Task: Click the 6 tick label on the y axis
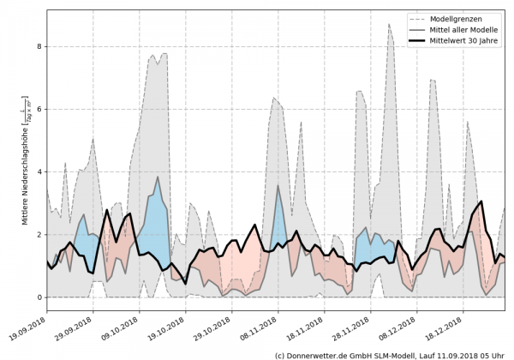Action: [39, 109]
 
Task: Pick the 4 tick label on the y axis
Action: [39, 171]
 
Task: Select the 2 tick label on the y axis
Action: [39, 235]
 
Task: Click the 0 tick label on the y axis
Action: [39, 297]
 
